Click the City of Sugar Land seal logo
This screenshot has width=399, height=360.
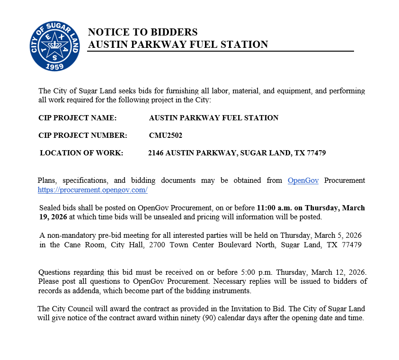[55, 46]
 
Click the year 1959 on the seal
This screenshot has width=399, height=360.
[55, 67]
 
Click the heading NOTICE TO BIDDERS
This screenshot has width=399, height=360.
[142, 32]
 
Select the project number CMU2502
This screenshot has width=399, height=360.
[166, 135]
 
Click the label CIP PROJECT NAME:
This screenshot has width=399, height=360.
[78, 117]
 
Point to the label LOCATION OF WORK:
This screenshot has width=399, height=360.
[81, 153]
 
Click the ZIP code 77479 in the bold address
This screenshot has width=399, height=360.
[315, 153]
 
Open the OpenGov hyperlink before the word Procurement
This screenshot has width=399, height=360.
[303, 180]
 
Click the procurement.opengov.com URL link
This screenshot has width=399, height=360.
[93, 190]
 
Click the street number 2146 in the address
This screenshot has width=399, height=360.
[156, 153]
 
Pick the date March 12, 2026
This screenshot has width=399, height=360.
[339, 272]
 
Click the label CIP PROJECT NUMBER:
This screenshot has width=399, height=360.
[83, 135]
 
